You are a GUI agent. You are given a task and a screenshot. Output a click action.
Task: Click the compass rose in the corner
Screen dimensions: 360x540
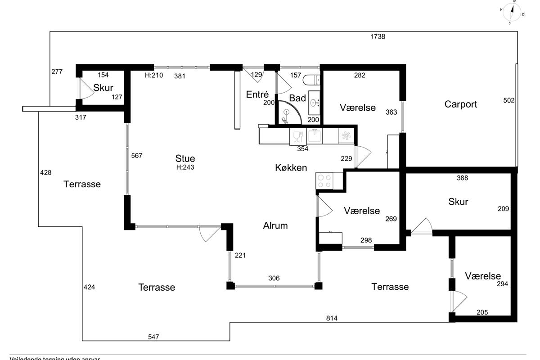pos(512,12)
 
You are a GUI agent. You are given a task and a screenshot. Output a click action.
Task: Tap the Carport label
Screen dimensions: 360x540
pos(461,104)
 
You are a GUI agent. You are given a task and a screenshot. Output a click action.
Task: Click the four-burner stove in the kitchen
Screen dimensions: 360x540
pos(324,181)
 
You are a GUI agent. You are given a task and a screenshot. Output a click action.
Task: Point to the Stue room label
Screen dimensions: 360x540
pos(185,158)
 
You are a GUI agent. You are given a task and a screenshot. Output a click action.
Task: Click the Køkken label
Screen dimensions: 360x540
pos(291,168)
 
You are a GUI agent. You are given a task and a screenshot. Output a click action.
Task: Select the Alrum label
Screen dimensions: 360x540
pos(275,225)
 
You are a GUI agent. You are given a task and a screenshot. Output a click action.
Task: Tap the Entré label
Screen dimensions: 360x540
pos(257,94)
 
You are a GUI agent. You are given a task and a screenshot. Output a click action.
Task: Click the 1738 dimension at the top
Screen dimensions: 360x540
pos(378,37)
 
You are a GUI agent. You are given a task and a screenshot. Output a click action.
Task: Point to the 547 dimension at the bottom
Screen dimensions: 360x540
pos(154,337)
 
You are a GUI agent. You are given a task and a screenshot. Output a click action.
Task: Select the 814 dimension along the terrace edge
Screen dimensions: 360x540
pos(332,318)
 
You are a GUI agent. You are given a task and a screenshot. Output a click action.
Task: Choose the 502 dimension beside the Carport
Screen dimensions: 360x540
pos(509,100)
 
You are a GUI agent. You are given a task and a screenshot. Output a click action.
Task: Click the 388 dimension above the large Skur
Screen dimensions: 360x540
pos(462,178)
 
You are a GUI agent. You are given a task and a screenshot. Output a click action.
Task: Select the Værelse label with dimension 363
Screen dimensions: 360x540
pos(358,108)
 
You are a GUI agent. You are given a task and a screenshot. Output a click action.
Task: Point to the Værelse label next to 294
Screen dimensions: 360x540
pos(483,276)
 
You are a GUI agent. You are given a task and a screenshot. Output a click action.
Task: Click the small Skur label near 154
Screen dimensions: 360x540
pos(103,88)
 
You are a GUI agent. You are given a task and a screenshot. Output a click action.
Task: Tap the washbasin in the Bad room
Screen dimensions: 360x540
pos(315,103)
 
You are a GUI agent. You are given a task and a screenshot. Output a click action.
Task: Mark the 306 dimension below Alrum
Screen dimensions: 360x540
pos(274,278)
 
